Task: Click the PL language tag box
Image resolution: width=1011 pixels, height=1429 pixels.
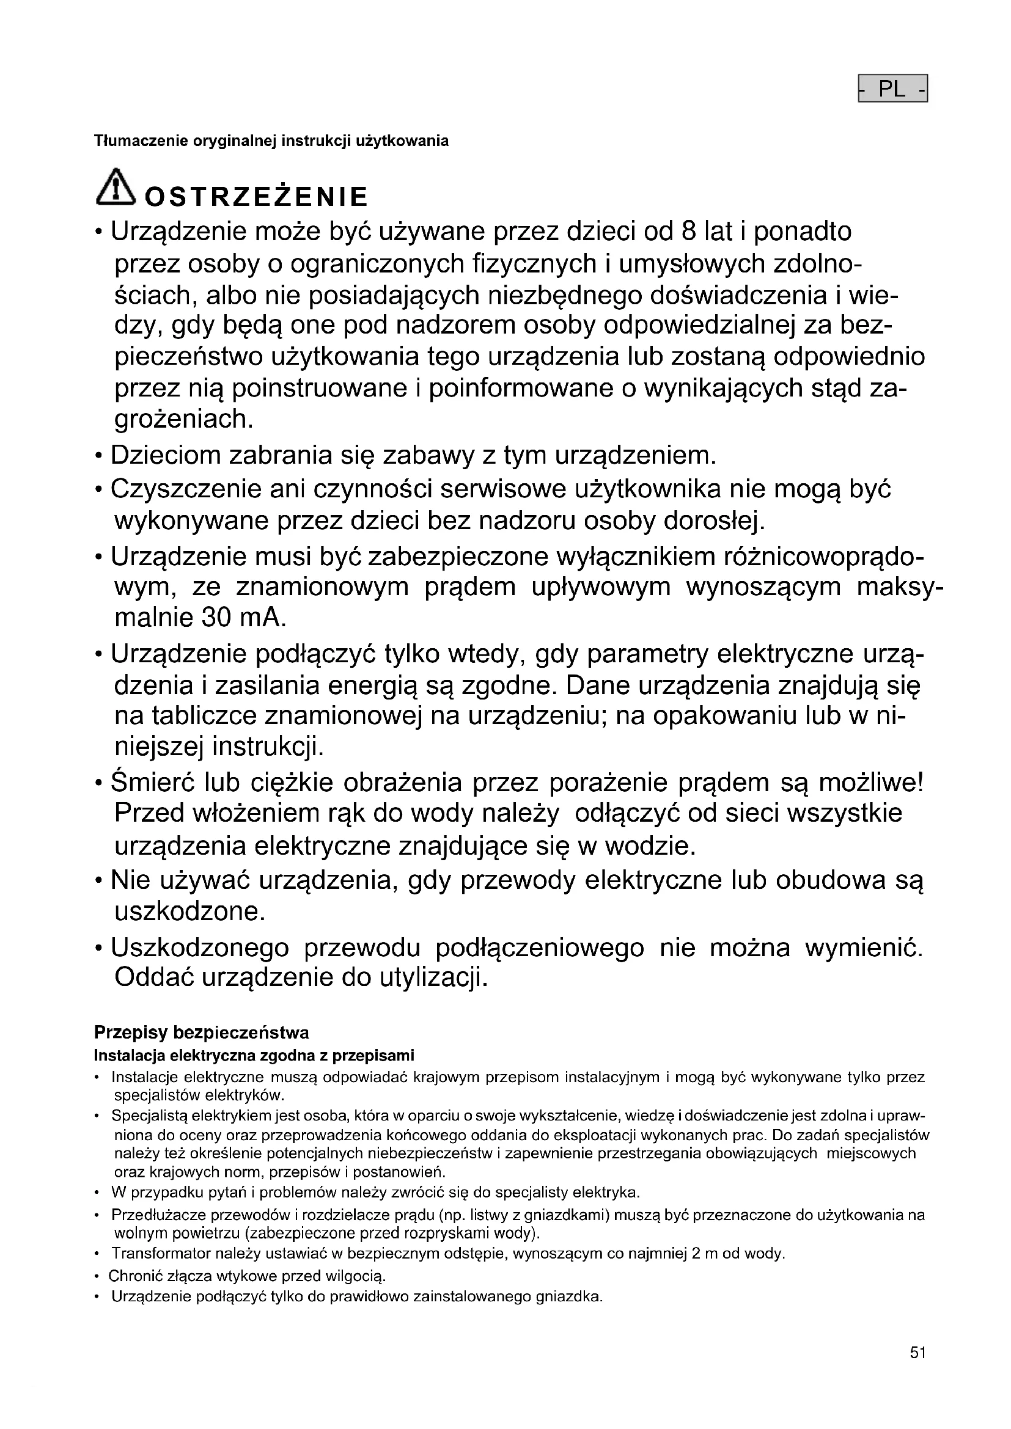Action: [892, 89]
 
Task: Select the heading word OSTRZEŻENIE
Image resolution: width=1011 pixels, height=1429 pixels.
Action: [256, 197]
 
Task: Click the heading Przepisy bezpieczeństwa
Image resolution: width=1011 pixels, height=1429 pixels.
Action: [201, 1033]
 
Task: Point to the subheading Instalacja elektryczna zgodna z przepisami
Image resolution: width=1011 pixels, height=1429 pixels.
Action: [254, 1056]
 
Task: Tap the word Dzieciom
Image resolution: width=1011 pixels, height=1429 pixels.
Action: [165, 456]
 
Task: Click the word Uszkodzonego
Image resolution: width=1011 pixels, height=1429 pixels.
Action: [200, 948]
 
